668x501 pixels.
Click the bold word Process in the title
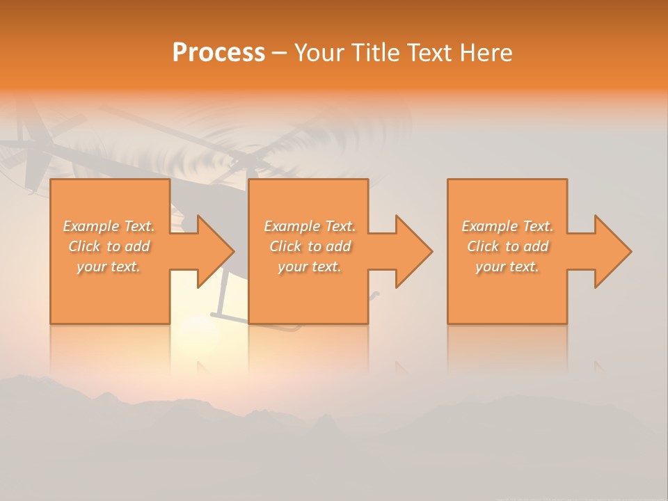point(218,53)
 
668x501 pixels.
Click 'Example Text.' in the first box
point(109,226)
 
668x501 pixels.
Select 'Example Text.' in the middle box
point(309,226)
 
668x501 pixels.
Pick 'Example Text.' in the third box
point(507,226)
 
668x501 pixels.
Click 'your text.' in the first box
point(109,267)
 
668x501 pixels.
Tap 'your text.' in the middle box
point(309,267)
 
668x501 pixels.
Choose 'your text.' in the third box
point(507,267)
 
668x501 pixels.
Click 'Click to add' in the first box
point(109,246)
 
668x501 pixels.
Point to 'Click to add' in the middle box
point(309,246)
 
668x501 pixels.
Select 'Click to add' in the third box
point(507,246)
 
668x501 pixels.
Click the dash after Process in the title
point(279,53)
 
